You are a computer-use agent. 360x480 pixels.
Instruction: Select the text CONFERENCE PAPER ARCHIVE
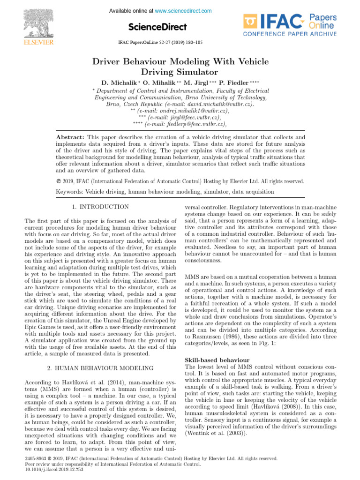coord(290,34)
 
